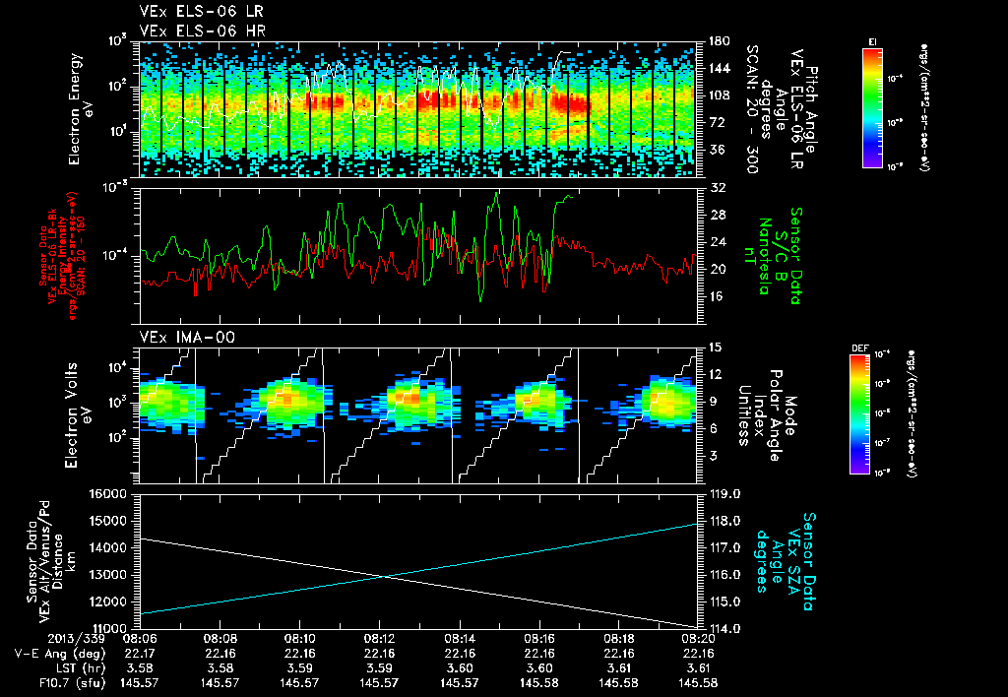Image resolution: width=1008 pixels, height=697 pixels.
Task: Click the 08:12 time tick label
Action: coord(379,638)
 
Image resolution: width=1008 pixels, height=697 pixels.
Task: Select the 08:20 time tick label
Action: coord(698,638)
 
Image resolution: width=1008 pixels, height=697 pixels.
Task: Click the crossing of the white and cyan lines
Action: coord(385,577)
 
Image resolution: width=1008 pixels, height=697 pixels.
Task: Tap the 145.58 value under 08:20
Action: coord(698,681)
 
